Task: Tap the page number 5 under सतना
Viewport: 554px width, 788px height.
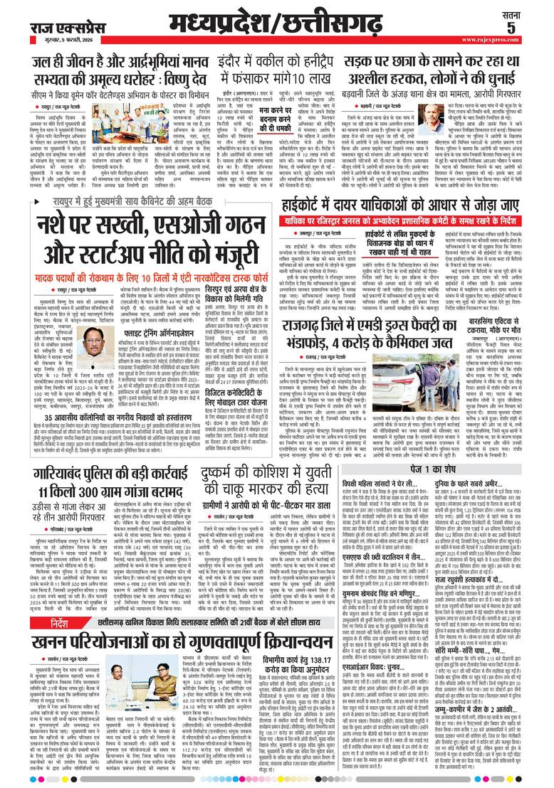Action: [531, 28]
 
